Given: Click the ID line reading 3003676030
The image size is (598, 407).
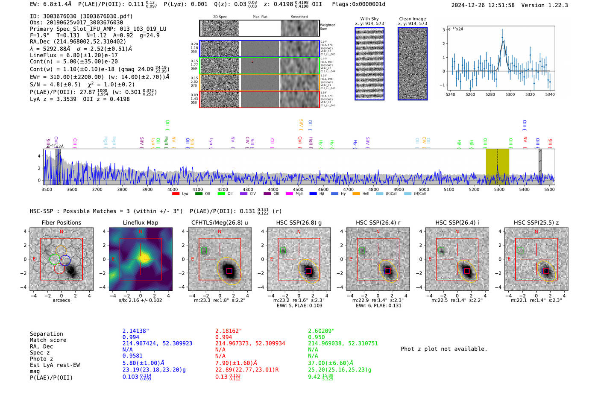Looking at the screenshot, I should coord(81,16).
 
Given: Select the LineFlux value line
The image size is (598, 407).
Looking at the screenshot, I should coord(73,55).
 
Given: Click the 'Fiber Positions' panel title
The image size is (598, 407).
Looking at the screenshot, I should coord(61,223).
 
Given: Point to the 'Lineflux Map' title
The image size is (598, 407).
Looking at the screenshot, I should coord(140,223).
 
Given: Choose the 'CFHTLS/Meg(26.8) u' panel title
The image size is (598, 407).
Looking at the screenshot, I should coord(220,223).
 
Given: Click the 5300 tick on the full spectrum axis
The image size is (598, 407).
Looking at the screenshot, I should coord(499,190).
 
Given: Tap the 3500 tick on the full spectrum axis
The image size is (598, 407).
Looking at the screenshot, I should coord(47,190).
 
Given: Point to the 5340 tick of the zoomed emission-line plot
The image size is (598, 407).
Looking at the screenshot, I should coord(549,94).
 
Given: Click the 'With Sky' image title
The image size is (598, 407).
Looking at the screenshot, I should coord(369,19).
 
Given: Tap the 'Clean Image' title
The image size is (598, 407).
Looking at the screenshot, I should coord(412,19).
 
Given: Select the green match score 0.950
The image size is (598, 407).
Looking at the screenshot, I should coord(316,337).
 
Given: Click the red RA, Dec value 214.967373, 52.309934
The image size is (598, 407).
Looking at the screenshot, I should coord(250,343).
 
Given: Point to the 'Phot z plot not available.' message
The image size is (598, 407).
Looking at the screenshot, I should coord(444,349).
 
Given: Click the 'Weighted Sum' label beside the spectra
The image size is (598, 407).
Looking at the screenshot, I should coord(327,27).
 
